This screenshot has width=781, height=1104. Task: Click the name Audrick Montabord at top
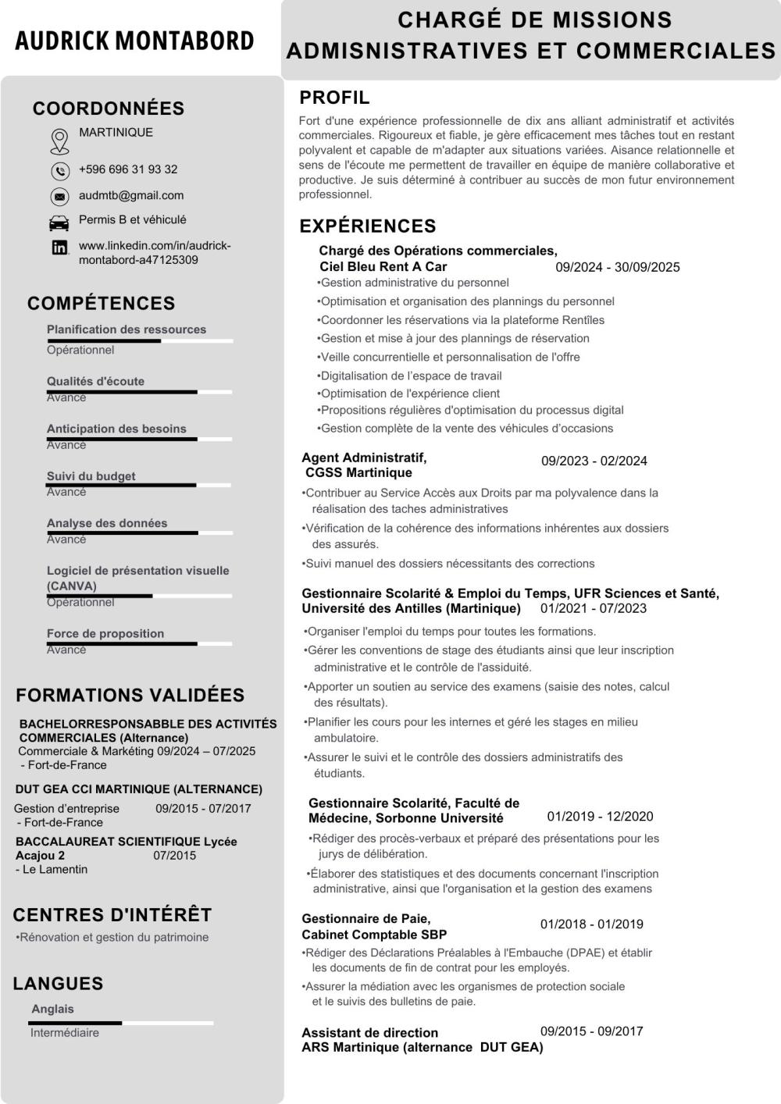(x=134, y=41)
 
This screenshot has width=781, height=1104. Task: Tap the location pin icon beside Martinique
(x=59, y=141)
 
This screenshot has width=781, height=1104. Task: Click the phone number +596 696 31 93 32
(x=128, y=169)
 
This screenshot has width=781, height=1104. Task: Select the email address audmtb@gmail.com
(x=131, y=195)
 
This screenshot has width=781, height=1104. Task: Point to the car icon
(x=59, y=223)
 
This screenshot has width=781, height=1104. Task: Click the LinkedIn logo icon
(x=59, y=248)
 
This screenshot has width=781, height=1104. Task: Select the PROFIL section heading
(x=334, y=98)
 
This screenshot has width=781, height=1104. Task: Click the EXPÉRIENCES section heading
(x=368, y=226)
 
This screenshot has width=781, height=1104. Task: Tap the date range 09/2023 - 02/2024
(x=594, y=461)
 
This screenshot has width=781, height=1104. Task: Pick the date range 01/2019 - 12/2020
(x=600, y=817)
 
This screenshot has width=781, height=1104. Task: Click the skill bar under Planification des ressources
(x=140, y=341)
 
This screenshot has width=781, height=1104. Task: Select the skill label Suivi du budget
(x=91, y=476)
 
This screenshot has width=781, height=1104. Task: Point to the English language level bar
(x=122, y=1023)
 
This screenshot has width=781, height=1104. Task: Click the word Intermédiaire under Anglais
(x=65, y=1033)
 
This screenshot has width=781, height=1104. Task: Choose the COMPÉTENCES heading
(x=101, y=303)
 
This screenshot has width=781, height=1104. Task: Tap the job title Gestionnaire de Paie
(x=366, y=919)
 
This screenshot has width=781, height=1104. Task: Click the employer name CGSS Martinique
(x=358, y=473)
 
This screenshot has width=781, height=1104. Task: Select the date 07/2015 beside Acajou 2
(x=174, y=856)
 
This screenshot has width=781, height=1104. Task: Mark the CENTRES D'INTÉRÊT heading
(x=112, y=915)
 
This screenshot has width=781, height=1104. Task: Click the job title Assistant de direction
(x=369, y=1033)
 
